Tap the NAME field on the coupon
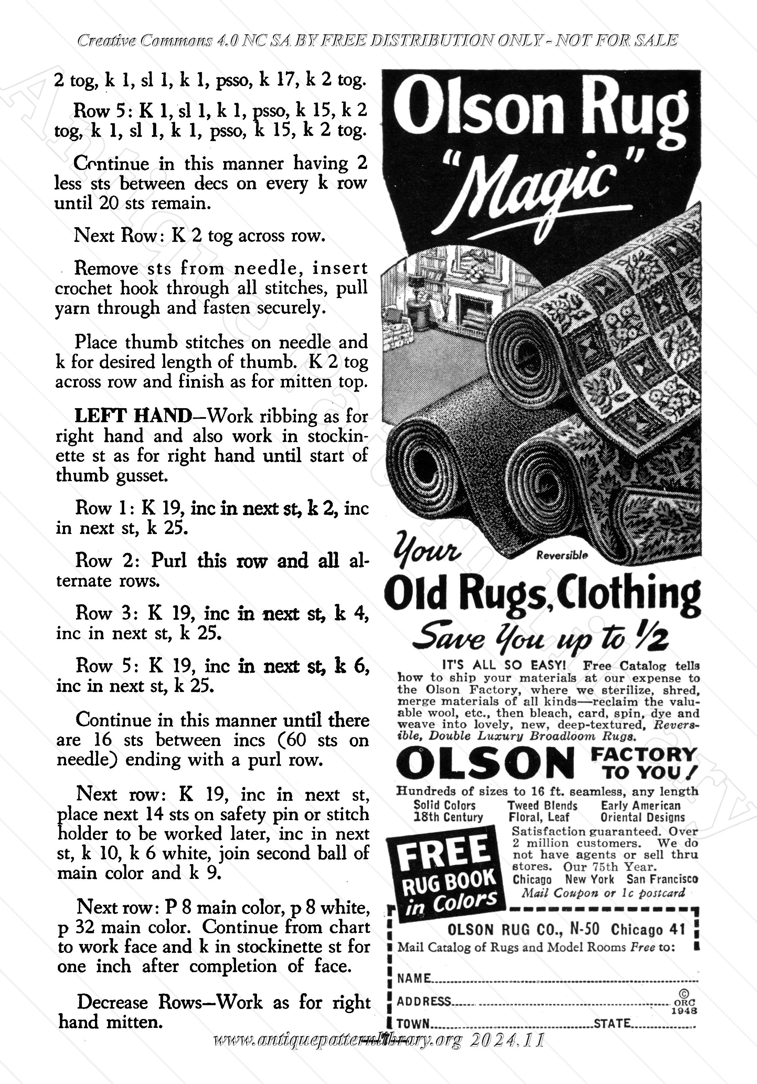543,978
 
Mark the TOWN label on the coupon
413,1023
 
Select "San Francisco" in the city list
662,879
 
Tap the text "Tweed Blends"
542,806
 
